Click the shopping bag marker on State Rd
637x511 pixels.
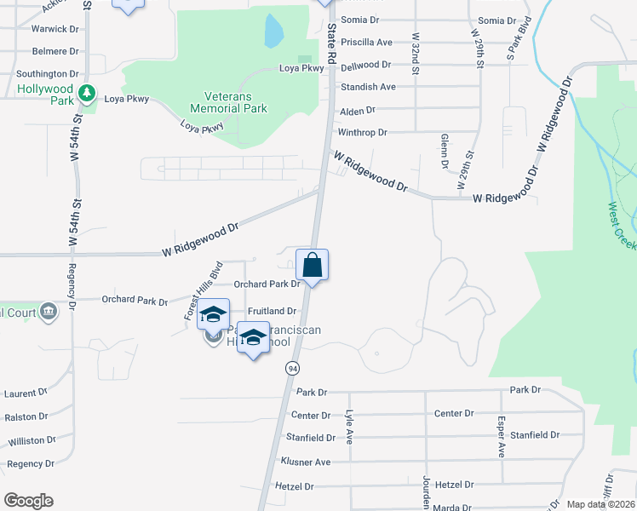coord(312,266)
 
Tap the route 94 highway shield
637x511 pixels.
coord(292,368)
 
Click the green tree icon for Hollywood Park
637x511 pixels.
coord(85,92)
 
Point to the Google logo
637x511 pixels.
coord(28,501)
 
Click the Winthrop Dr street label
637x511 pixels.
coord(363,133)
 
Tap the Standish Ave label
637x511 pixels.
coord(368,87)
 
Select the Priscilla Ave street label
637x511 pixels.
coord(366,42)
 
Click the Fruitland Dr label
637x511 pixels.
coord(272,312)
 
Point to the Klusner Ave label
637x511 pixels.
coord(305,462)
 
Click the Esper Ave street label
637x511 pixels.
coord(502,437)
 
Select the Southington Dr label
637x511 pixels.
coord(48,74)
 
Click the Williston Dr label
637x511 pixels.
coord(32,441)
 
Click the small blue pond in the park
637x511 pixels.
coord(273,32)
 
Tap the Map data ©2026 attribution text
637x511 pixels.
coord(600,504)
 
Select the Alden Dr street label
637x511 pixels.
coord(358,111)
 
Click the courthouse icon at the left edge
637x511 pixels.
coord(49,311)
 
